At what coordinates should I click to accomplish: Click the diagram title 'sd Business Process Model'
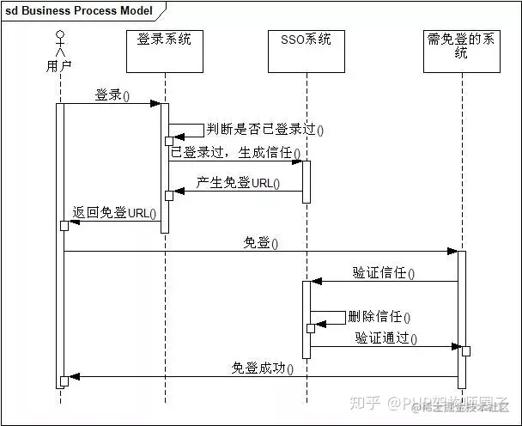79,11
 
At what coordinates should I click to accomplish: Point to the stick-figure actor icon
60,43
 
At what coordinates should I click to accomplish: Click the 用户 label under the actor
60,66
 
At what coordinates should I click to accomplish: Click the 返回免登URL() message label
115,213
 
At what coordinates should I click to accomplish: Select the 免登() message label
261,243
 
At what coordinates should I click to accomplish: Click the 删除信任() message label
379,317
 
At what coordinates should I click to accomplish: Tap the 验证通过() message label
386,339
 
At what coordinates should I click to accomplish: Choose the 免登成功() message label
263,368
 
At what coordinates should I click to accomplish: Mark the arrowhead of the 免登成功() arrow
74,376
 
